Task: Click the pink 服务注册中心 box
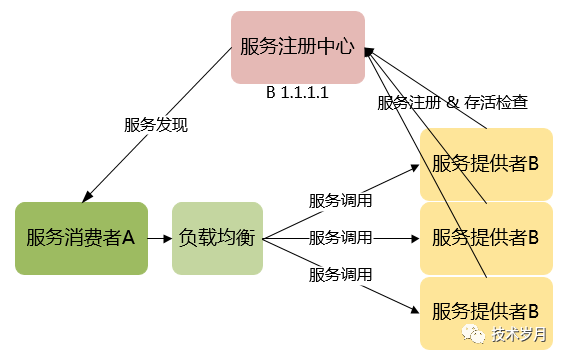point(298,47)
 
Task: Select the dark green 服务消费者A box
point(81,238)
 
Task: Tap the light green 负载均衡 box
point(216,238)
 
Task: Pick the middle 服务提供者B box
point(486,238)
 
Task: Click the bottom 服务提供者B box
point(486,312)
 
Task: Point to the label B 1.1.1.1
point(297,92)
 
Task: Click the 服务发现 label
point(156,125)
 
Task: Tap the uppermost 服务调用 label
point(340,201)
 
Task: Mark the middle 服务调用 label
point(340,238)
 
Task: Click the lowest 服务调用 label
point(340,274)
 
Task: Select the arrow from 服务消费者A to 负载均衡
point(159,238)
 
